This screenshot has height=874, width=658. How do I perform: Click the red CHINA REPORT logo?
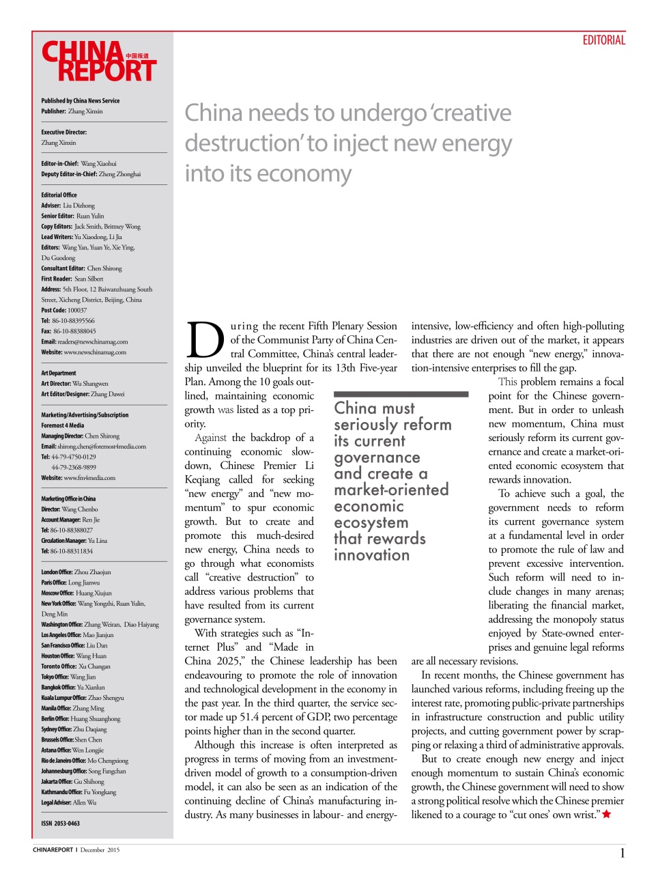[x=99, y=62]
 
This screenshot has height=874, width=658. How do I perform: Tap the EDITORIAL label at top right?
[x=603, y=40]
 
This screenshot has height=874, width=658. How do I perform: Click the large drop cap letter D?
[x=205, y=340]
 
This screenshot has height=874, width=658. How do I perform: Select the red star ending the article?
[x=607, y=814]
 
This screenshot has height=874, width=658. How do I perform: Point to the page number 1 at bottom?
[x=622, y=852]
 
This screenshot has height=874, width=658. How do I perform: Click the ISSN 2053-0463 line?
[x=60, y=823]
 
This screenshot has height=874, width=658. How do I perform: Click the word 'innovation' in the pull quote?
[x=371, y=555]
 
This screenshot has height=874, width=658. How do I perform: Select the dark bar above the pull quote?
[x=401, y=394]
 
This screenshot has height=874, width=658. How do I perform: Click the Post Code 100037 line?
[x=63, y=310]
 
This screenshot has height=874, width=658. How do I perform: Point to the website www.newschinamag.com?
[x=83, y=352]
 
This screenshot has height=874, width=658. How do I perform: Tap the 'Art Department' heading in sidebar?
[x=59, y=373]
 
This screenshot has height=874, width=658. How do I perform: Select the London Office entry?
[x=76, y=572]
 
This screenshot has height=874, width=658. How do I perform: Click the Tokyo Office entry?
[x=68, y=677]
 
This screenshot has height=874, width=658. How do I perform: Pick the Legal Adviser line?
[x=68, y=802]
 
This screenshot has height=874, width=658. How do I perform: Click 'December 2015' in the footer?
[x=100, y=850]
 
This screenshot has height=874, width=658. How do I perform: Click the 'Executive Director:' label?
[x=63, y=132]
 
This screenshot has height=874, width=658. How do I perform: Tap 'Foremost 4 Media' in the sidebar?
[x=63, y=425]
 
